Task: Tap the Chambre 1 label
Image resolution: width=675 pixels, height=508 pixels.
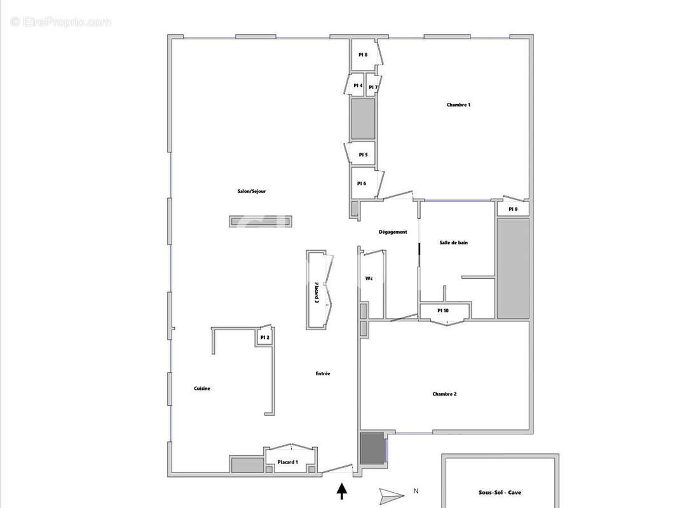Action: coord(458,105)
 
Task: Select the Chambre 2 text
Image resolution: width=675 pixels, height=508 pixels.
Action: coord(444,394)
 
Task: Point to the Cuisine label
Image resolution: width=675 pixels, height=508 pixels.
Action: coord(202,389)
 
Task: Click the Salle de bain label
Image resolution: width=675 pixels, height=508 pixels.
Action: coord(454,243)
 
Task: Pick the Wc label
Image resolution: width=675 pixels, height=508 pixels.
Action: coord(369,279)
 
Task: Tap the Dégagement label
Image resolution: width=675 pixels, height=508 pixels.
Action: coord(393,232)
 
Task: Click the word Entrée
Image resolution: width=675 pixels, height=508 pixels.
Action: coord(323,374)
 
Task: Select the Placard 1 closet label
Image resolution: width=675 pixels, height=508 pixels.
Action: coord(288,462)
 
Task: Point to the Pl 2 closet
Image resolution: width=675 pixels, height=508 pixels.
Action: coord(264,338)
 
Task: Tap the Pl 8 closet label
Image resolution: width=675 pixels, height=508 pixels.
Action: coord(363,55)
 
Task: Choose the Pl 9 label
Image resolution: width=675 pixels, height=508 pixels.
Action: coord(512,210)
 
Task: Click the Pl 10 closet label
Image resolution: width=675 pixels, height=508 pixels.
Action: coord(443,311)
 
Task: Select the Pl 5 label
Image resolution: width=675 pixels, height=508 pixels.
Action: coord(363,154)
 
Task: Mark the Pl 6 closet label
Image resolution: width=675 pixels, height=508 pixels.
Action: coord(361,184)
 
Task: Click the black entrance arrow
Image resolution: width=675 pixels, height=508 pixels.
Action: coord(342,491)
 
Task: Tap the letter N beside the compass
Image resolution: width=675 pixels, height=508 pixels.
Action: coord(416,491)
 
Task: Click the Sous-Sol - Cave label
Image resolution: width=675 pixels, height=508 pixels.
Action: coord(500,493)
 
